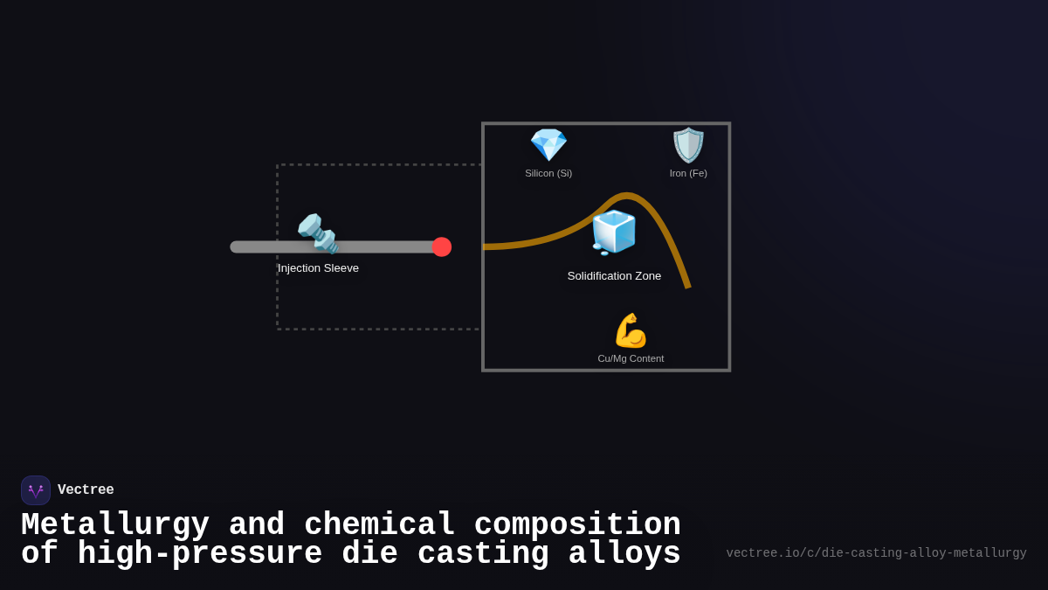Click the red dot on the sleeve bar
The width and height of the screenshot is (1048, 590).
click(x=442, y=246)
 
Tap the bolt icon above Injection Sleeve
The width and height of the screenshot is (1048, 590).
click(x=318, y=233)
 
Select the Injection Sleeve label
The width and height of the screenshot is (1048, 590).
click(x=318, y=268)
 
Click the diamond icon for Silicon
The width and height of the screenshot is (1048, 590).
click(x=548, y=145)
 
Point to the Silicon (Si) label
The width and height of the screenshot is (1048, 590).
click(x=548, y=173)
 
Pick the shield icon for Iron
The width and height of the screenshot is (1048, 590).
click(x=688, y=145)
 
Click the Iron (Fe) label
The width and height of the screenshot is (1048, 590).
click(x=688, y=173)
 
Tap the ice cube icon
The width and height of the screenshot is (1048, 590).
click(x=614, y=233)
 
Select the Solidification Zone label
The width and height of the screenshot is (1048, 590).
click(x=614, y=276)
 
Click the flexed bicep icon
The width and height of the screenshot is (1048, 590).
click(x=631, y=330)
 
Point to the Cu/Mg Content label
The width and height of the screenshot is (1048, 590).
click(x=631, y=358)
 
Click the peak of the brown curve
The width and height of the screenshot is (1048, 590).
click(x=625, y=195)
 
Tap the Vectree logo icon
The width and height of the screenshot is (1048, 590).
click(x=36, y=490)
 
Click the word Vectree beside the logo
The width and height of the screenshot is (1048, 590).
click(x=86, y=489)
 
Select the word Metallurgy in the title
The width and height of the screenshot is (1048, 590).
click(x=115, y=525)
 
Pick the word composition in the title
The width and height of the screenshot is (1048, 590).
click(x=577, y=525)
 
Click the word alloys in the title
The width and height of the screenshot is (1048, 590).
click(x=624, y=553)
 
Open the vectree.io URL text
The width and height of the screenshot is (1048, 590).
click(x=876, y=553)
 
